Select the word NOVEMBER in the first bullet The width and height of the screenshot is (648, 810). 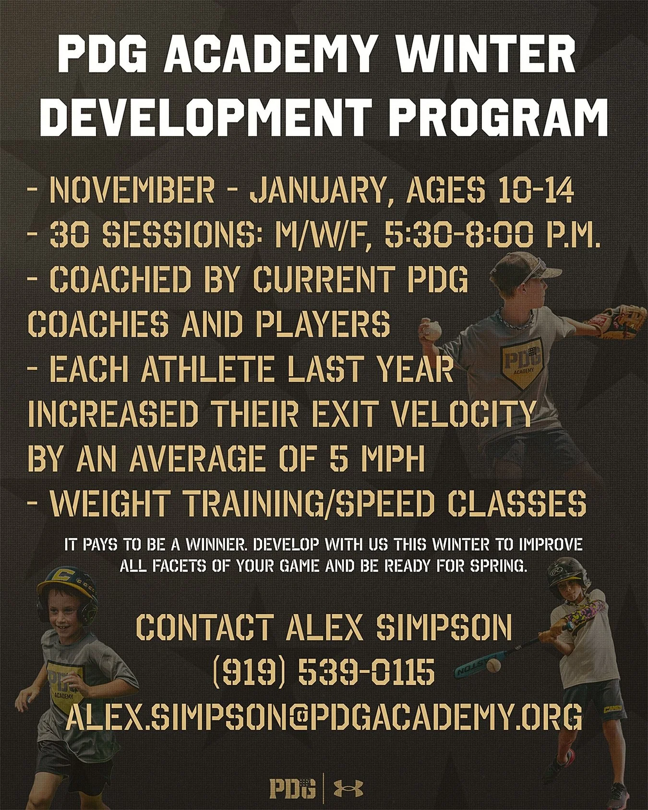tap(132, 191)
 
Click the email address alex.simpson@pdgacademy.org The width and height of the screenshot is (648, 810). tap(324, 716)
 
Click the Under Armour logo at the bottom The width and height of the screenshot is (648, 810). tap(348, 787)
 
